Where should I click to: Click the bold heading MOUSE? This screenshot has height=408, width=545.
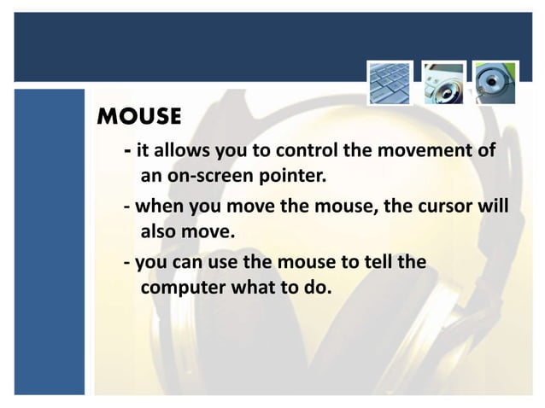(140, 115)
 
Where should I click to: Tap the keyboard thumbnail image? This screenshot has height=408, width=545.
(390, 82)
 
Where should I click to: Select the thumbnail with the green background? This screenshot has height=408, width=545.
(496, 82)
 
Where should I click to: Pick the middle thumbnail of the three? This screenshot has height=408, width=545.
(444, 82)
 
